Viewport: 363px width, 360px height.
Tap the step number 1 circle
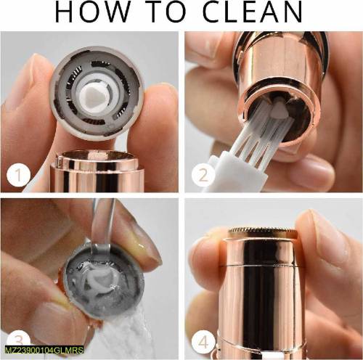[x=17, y=174]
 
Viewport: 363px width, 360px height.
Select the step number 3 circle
[x=18, y=340]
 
